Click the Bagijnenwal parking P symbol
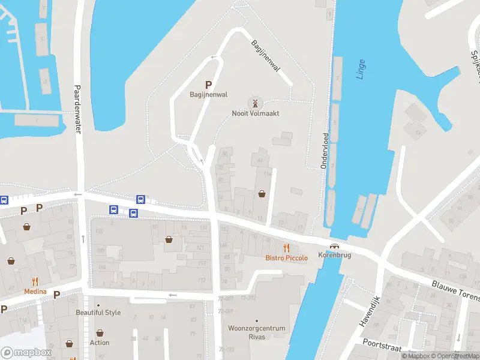point(209,85)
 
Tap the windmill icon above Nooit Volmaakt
point(256,103)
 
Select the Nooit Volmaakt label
point(256,113)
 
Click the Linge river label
point(361,69)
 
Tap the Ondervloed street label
point(325,151)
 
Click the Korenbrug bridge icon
point(334,247)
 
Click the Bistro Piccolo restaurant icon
point(287,248)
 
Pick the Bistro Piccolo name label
point(287,258)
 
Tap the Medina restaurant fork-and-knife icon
point(35,281)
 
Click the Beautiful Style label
point(98,313)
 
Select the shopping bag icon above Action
point(100,332)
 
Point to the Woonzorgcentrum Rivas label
point(257,332)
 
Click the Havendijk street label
point(370,311)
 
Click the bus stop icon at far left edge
point(4,200)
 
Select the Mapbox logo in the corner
point(25,353)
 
